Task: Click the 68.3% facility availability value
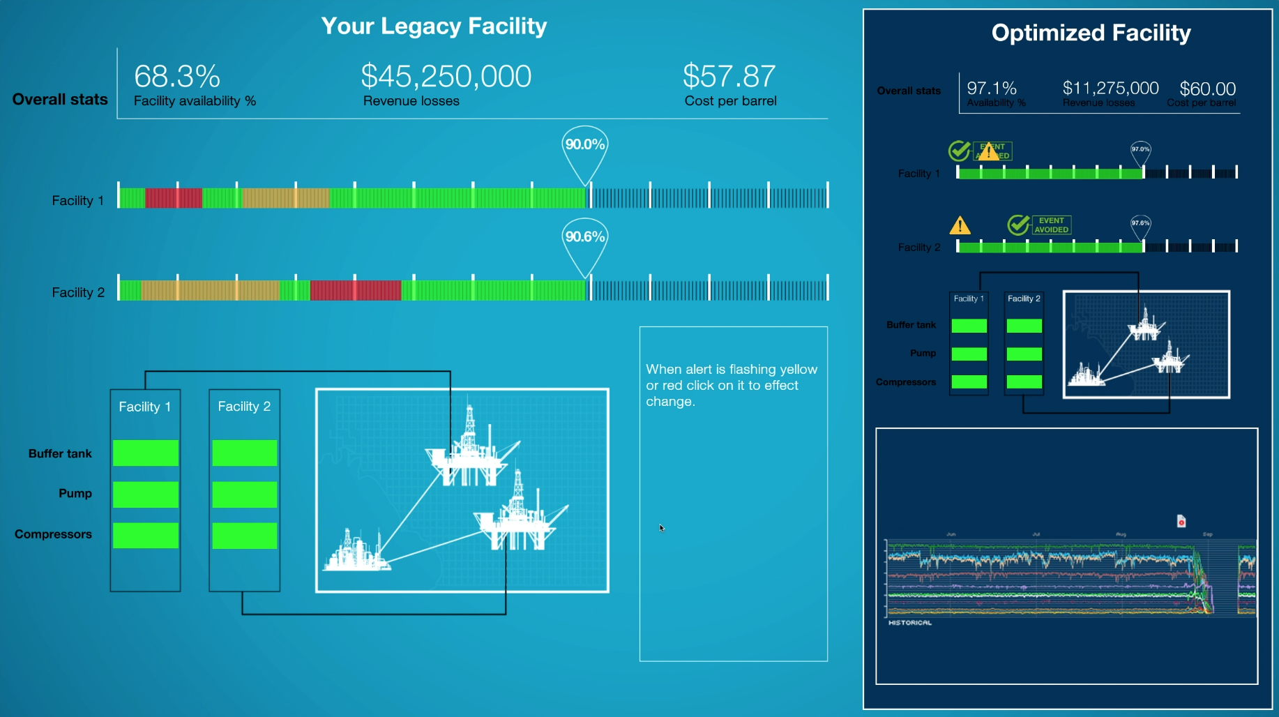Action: coord(177,77)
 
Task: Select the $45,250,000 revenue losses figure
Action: coord(446,77)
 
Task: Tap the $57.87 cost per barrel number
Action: coord(729,77)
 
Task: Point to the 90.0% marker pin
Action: coord(584,145)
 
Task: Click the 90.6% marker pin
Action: coord(584,237)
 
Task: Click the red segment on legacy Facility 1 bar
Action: coord(173,198)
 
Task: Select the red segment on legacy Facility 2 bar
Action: coord(355,290)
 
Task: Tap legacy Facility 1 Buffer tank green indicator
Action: coord(146,453)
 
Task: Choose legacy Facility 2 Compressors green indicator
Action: coord(245,536)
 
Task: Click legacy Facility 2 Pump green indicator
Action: coord(245,495)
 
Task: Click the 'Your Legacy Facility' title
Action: coord(434,27)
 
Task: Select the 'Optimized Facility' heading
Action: coord(1091,33)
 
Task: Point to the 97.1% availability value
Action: coord(992,89)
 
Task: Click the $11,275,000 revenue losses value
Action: coord(1110,89)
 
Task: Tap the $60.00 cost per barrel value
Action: coord(1207,89)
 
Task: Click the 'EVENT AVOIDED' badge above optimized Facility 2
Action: coord(1051,225)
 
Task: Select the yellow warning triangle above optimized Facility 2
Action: coord(960,225)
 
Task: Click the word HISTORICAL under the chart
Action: coord(909,623)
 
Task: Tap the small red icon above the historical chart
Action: coord(1181,521)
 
